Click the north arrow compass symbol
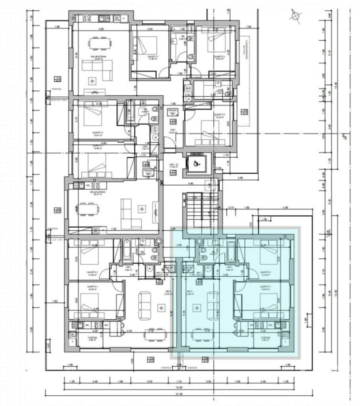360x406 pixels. coord(295,16)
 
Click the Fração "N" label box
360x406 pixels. coord(173,112)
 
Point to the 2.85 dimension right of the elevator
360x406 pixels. coord(240,177)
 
